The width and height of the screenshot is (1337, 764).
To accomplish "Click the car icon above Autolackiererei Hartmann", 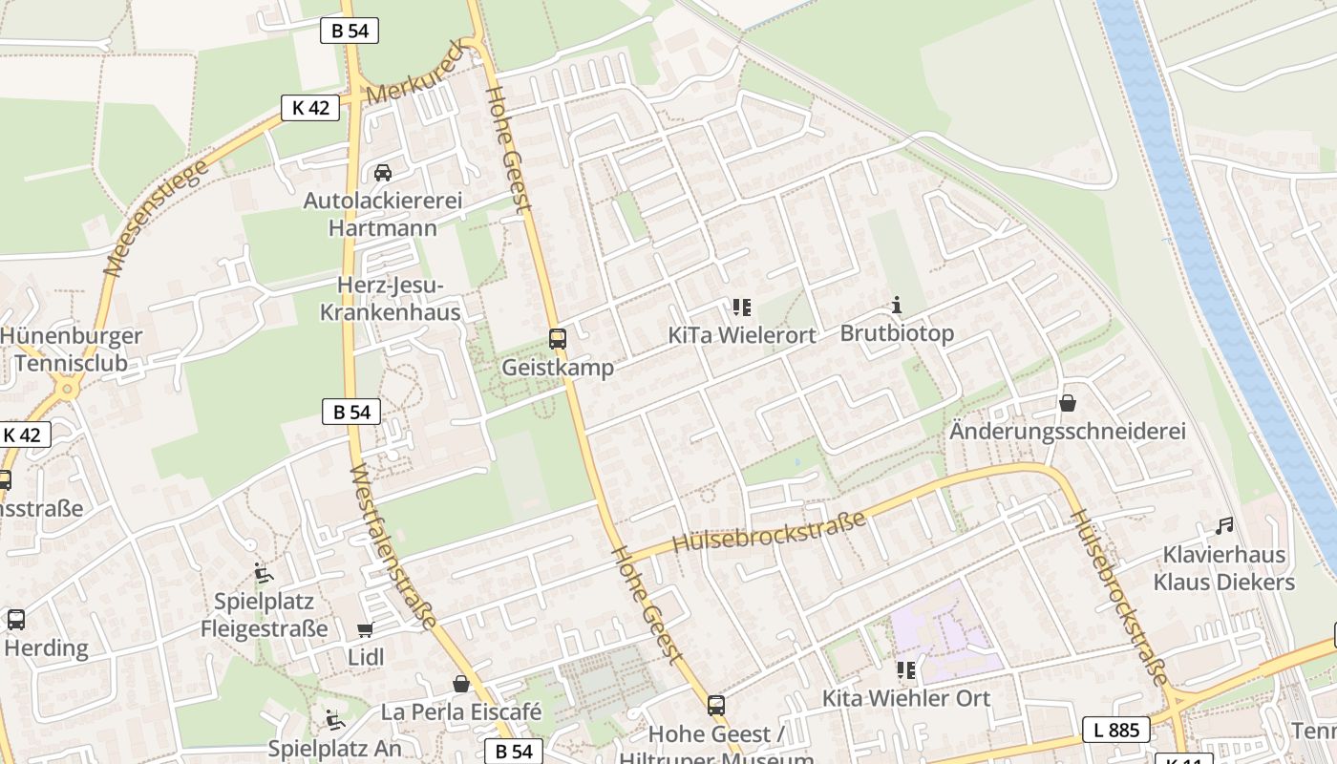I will pyautogui.click(x=383, y=173).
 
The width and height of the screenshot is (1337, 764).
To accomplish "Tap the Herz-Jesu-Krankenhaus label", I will pyautogui.click(x=390, y=299).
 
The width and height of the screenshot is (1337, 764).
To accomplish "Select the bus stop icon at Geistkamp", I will pyautogui.click(x=558, y=338).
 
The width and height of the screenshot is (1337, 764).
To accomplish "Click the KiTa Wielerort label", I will pyautogui.click(x=742, y=335).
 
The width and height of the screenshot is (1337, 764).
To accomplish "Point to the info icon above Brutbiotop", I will pyautogui.click(x=897, y=306).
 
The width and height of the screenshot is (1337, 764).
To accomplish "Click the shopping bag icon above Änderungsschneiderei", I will pyautogui.click(x=1068, y=403).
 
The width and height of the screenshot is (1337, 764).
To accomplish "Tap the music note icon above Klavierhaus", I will pyautogui.click(x=1224, y=525).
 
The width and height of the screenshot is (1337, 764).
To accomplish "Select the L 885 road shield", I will pyautogui.click(x=1116, y=731).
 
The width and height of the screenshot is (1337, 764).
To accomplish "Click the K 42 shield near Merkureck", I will pyautogui.click(x=310, y=108).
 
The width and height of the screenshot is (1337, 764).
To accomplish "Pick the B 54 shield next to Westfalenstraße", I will pyautogui.click(x=351, y=413).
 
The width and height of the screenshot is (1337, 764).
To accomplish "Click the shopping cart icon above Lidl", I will pyautogui.click(x=365, y=629).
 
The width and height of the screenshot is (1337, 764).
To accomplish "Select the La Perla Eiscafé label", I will pyautogui.click(x=461, y=711).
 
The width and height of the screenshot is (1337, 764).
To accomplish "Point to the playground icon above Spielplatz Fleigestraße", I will pyautogui.click(x=263, y=573).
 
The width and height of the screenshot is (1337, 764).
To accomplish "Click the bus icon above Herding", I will pyautogui.click(x=16, y=619).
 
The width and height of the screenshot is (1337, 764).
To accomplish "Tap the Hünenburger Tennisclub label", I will pyautogui.click(x=71, y=350).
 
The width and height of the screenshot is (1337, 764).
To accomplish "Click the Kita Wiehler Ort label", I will pyautogui.click(x=905, y=698).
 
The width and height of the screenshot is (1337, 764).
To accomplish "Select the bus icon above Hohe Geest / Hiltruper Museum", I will pyautogui.click(x=716, y=706).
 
